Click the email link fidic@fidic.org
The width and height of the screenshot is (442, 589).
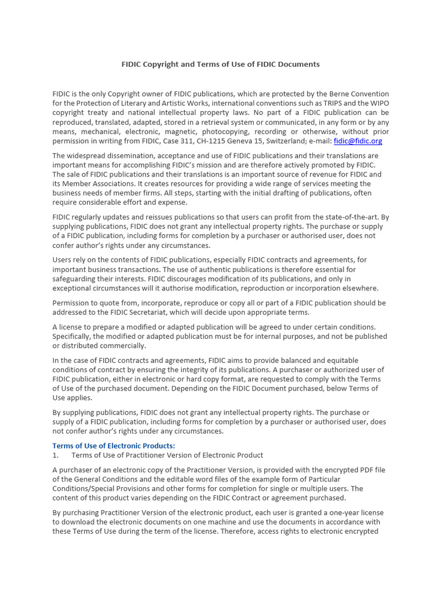click(x=357, y=141)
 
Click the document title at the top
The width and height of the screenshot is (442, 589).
click(x=220, y=64)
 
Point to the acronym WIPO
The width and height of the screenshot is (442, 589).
click(x=378, y=104)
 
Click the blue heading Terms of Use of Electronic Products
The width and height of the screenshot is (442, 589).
click(x=114, y=446)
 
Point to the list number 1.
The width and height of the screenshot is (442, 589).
click(x=55, y=455)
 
